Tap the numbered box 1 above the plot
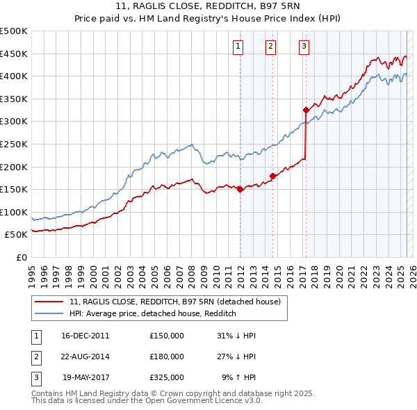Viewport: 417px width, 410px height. (x=238, y=47)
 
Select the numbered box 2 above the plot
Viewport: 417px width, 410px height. (x=270, y=47)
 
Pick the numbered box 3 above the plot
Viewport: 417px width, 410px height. (x=304, y=47)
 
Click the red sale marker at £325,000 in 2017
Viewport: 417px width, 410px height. (x=306, y=110)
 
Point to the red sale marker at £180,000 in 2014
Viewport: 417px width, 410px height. (x=272, y=176)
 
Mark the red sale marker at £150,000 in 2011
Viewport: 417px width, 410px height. (x=240, y=189)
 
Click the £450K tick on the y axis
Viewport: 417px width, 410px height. (x=14, y=54)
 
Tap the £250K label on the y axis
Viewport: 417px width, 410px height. (x=14, y=144)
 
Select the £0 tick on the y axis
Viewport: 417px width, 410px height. (x=22, y=257)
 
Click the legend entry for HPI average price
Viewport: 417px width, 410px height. (x=153, y=313)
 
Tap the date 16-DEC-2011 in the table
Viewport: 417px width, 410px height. (x=85, y=336)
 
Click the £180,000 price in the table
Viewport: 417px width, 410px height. (x=167, y=356)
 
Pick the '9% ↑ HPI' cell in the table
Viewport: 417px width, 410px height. (x=238, y=377)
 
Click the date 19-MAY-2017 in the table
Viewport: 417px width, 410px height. (x=86, y=377)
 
